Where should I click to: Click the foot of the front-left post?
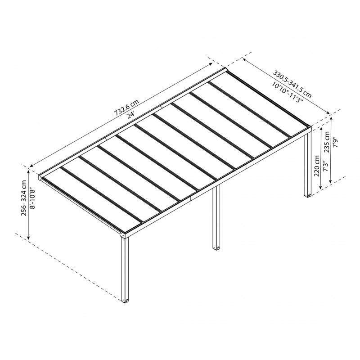pos(125,300)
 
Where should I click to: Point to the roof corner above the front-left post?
pos(124,234)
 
